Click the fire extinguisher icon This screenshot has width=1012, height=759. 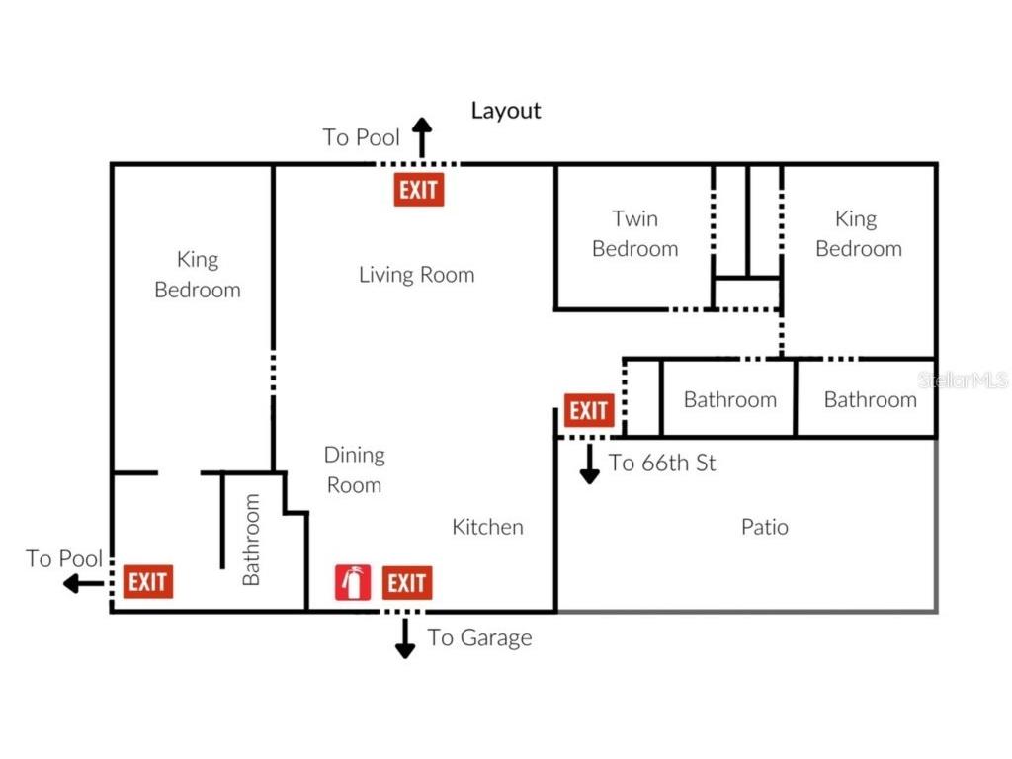353,582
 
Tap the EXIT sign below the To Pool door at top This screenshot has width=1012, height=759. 419,190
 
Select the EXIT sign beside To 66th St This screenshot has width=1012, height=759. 589,410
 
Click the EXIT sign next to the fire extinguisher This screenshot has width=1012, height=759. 406,583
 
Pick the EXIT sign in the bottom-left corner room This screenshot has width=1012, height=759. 148,581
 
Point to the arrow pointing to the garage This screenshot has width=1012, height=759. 404,638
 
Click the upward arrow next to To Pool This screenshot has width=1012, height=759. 422,137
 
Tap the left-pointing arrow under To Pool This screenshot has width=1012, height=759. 83,584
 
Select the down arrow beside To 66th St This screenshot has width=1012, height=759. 589,464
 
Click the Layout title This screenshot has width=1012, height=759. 506,111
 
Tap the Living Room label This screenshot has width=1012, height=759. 417,275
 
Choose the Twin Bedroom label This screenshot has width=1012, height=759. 635,233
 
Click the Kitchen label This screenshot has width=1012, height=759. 488,527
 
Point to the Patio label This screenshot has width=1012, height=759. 765,527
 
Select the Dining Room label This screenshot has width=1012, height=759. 355,469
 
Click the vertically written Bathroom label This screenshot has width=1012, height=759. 250,540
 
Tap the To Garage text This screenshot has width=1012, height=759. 479,637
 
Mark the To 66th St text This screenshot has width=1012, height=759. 662,463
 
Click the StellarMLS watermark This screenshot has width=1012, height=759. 964,379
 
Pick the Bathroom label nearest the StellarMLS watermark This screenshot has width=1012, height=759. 871,399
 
